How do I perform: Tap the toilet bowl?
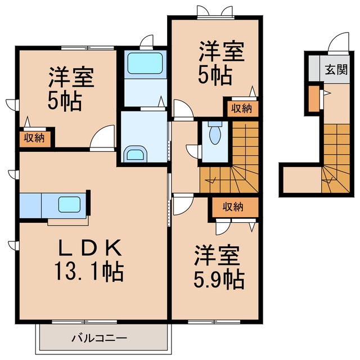[214, 135]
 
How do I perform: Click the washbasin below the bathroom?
[135, 155]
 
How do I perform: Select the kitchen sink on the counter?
[69, 204]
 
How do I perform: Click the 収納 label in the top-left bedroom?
[35, 138]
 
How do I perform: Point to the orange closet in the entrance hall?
[313, 98]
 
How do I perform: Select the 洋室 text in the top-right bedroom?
[221, 52]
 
